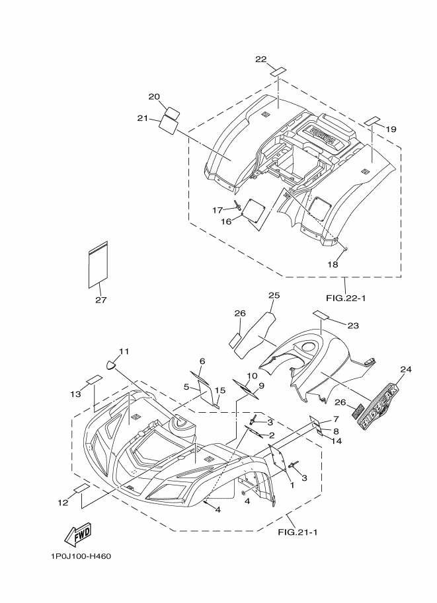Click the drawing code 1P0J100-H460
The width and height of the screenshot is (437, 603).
[x=80, y=555]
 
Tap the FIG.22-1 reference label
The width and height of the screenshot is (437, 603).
[x=346, y=298]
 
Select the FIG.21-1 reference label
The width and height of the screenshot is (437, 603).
[x=298, y=532]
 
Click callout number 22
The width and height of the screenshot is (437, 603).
[x=260, y=59]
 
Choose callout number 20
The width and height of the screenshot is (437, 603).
[x=154, y=96]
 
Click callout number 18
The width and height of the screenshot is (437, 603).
[x=333, y=264]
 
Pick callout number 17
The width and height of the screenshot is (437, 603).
[x=218, y=210]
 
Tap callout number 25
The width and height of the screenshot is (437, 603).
[x=274, y=295]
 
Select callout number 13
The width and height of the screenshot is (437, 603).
[x=76, y=394]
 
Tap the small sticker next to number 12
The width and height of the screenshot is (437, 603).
[x=82, y=489]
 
